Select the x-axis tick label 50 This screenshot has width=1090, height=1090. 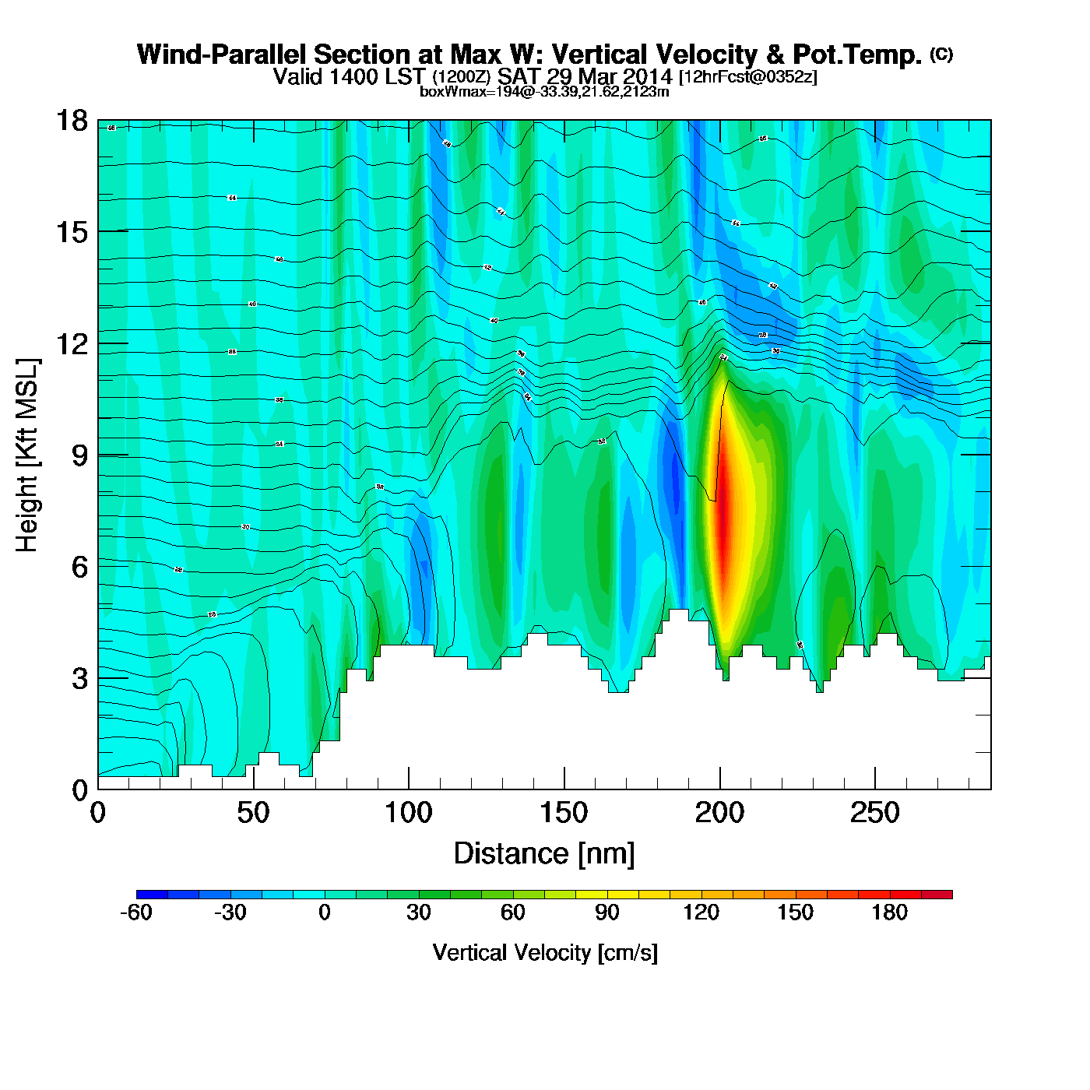tap(253, 814)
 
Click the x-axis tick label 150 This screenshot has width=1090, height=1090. tap(564, 814)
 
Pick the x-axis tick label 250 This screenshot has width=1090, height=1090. tap(874, 814)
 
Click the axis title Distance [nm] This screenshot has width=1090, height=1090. tap(544, 854)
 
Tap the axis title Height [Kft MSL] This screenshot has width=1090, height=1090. tap(27, 455)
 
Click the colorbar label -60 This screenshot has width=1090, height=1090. tap(136, 912)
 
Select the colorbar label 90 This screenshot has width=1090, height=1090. tap(607, 912)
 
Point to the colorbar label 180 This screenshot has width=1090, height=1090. tap(889, 912)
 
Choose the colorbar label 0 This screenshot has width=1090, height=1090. tap(325, 912)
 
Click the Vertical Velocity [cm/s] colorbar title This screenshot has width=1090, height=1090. tap(545, 953)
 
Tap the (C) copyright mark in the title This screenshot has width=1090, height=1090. tap(941, 54)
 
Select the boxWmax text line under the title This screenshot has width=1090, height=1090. tap(544, 91)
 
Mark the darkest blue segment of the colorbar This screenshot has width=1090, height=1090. tap(152, 895)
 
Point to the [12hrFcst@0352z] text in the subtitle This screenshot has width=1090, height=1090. tap(748, 77)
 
